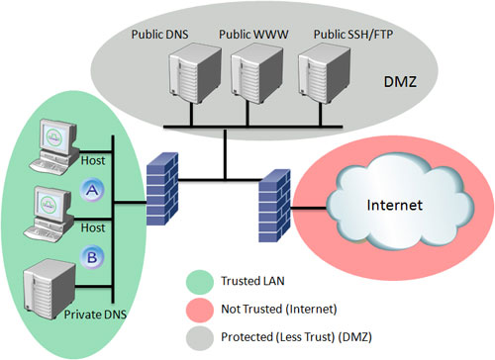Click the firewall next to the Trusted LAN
pyautogui.click(x=160, y=191)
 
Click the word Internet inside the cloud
pyautogui.click(x=395, y=207)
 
